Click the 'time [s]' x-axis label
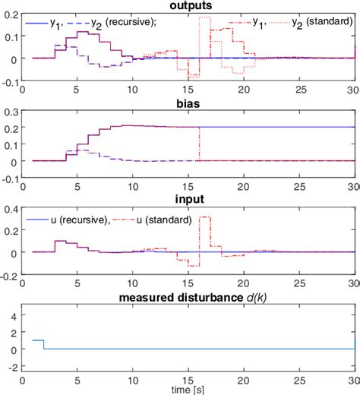pyautogui.click(x=188, y=390)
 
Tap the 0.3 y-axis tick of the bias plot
pyautogui.click(x=11, y=111)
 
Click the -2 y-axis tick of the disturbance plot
pyautogui.click(x=13, y=367)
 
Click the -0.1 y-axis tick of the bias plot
pyautogui.click(x=9, y=179)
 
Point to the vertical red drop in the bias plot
pyautogui.click(x=200, y=143)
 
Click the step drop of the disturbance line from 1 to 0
pyautogui.click(x=44, y=344)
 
